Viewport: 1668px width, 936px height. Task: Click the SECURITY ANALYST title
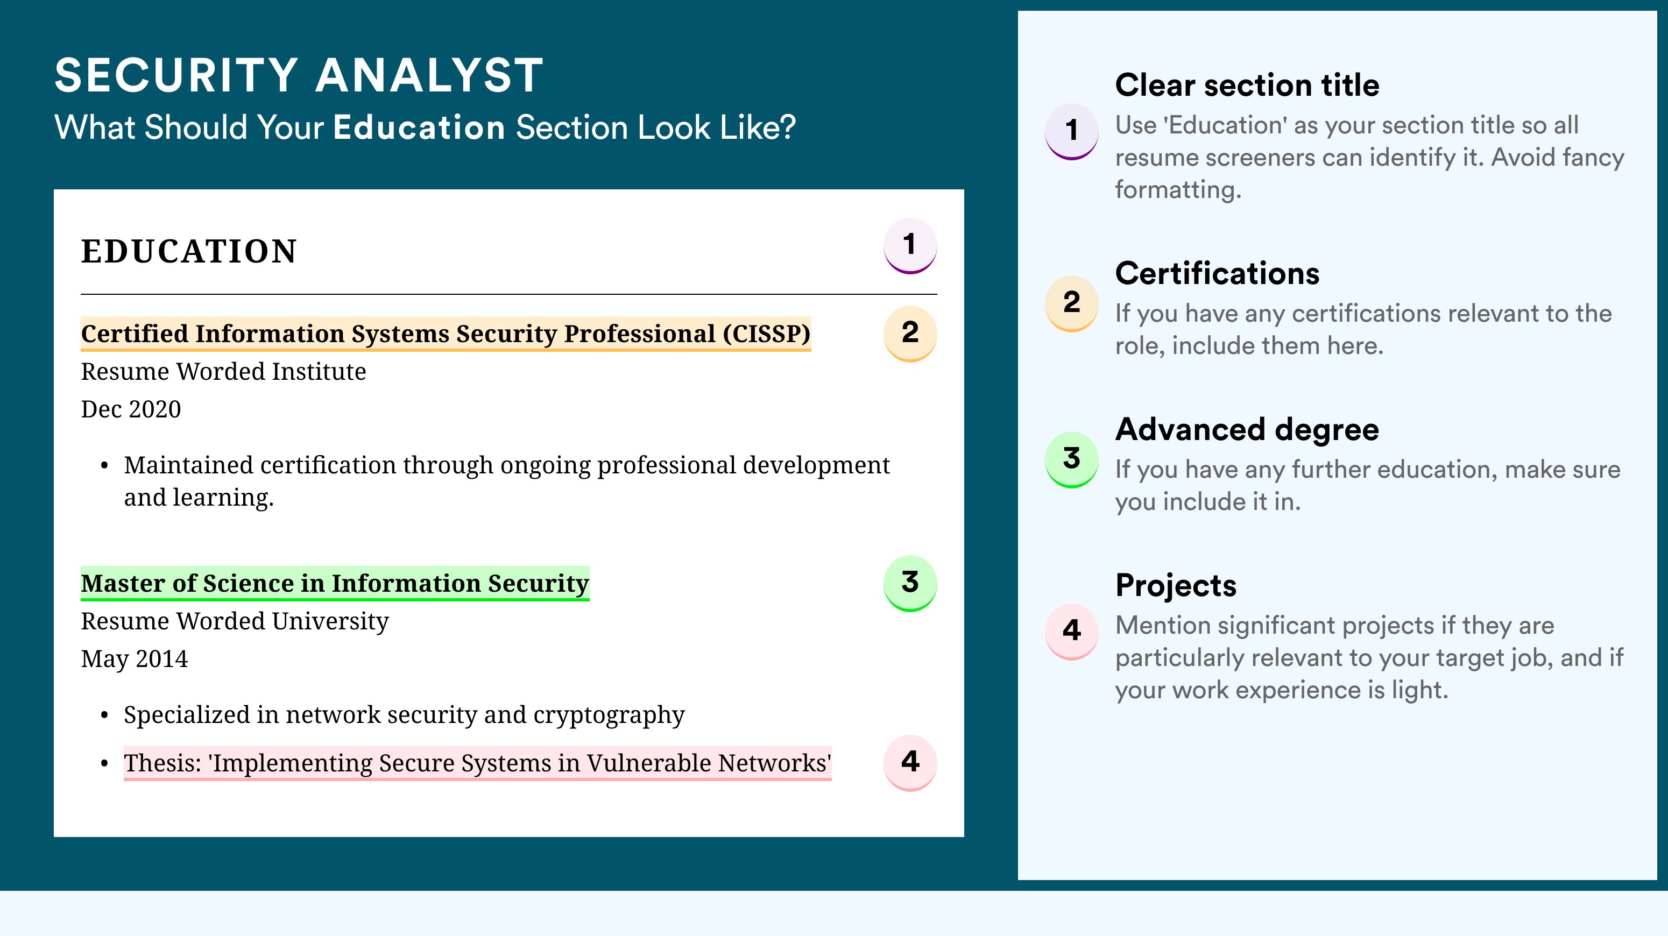pos(299,75)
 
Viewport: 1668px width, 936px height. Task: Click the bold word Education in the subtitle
pos(419,127)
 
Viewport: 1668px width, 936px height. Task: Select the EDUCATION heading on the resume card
pos(188,251)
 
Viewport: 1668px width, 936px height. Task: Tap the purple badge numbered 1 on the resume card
pos(910,245)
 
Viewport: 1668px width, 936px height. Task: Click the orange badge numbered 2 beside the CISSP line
pos(910,334)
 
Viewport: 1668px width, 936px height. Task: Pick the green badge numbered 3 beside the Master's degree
pos(910,583)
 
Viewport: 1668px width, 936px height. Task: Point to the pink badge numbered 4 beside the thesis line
pos(910,763)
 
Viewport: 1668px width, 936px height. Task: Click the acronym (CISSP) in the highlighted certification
pos(767,334)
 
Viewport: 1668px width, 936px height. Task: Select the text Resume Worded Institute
pos(223,372)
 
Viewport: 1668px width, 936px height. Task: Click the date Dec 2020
pos(131,409)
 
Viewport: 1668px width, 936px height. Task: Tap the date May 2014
pos(135,659)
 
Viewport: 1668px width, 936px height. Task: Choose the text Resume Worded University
pos(235,621)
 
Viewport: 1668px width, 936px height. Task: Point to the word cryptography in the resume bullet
pos(609,715)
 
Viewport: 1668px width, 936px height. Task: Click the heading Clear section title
pos(1247,85)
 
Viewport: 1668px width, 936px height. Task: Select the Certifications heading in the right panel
pos(1217,273)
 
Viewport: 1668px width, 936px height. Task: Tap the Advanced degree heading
pos(1247,429)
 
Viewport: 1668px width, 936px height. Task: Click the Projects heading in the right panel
pos(1176,585)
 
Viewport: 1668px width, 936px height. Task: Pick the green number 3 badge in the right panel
pos(1072,459)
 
